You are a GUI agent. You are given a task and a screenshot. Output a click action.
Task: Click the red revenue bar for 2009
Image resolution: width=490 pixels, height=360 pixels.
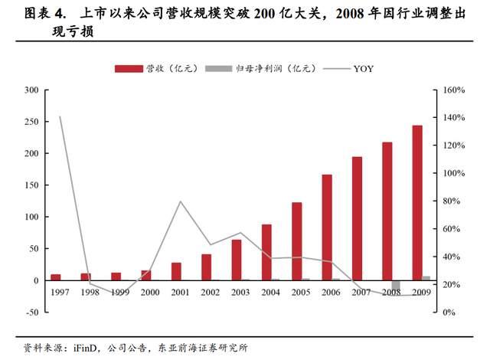[x=416, y=203]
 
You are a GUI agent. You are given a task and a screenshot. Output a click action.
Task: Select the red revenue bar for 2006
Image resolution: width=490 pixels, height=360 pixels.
[x=327, y=227]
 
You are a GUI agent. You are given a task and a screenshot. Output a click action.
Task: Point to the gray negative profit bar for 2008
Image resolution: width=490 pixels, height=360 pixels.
[x=396, y=286]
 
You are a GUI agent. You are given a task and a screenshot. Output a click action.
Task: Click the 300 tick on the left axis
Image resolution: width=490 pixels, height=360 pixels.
[x=31, y=90]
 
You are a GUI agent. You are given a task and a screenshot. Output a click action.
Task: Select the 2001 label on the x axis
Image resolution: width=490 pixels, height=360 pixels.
[x=179, y=293]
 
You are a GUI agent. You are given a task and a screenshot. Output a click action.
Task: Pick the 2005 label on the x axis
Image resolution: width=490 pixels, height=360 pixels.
[x=300, y=293]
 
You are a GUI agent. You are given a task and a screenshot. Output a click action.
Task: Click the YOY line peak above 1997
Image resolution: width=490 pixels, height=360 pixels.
[x=60, y=117]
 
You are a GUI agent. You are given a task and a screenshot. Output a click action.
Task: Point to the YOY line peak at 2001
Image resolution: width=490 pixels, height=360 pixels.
[x=180, y=201]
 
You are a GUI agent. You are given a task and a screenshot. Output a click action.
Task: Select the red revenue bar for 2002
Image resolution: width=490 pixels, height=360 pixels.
[x=206, y=267]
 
